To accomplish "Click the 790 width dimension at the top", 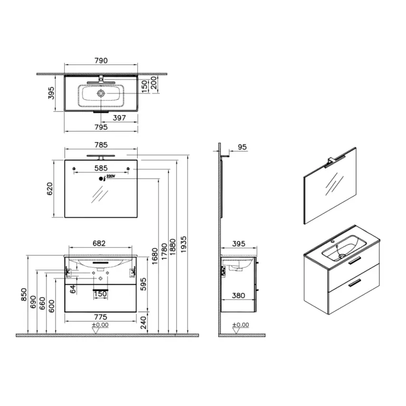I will (x=101, y=60).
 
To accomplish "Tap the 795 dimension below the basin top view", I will (x=101, y=127).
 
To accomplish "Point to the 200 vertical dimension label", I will (x=153, y=85).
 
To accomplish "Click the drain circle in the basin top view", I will (x=101, y=94).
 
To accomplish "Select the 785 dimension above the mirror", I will (x=101, y=144).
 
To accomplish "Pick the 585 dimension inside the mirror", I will (x=101, y=168).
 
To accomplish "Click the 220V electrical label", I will (x=110, y=176).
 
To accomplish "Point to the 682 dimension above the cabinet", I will (x=98, y=243).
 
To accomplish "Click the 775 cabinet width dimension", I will (x=100, y=317).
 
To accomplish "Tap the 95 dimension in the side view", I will (x=242, y=148).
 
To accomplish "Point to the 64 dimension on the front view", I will (x=73, y=289).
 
